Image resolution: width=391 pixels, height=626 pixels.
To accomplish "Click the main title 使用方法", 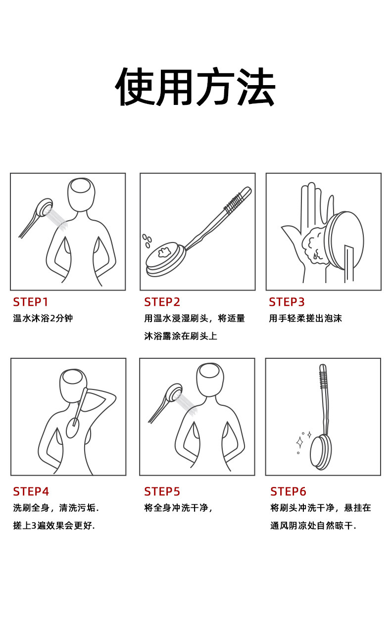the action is pyautogui.click(x=195, y=87).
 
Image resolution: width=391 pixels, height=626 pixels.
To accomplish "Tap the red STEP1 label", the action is pyautogui.click(x=31, y=302).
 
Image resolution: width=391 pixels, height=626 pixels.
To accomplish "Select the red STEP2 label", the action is pyautogui.click(x=162, y=302).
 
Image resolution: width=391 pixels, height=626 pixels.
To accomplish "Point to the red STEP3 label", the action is pyautogui.click(x=287, y=302).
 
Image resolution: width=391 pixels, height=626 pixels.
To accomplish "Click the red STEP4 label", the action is pyautogui.click(x=31, y=491).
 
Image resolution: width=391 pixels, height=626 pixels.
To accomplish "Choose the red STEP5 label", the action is pyautogui.click(x=162, y=491).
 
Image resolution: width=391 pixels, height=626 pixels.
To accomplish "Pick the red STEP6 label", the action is pyautogui.click(x=288, y=491).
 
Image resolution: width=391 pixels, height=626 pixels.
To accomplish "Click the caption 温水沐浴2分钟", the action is pyautogui.click(x=43, y=318).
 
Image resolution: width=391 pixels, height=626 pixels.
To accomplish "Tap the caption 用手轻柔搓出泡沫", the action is pyautogui.click(x=305, y=318).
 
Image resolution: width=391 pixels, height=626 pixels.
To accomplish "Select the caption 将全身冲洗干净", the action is pyautogui.click(x=176, y=508).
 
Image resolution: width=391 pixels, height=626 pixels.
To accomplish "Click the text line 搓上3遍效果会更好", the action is pyautogui.click(x=54, y=526).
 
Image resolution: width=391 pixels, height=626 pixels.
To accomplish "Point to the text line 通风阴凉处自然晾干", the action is pyautogui.click(x=313, y=526).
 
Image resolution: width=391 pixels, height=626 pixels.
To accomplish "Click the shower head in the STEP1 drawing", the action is pyautogui.click(x=45, y=207).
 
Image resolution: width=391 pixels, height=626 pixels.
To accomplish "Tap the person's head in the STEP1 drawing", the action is pyautogui.click(x=81, y=194).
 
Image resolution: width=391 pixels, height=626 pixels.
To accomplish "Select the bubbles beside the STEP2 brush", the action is pyautogui.click(x=147, y=241).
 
